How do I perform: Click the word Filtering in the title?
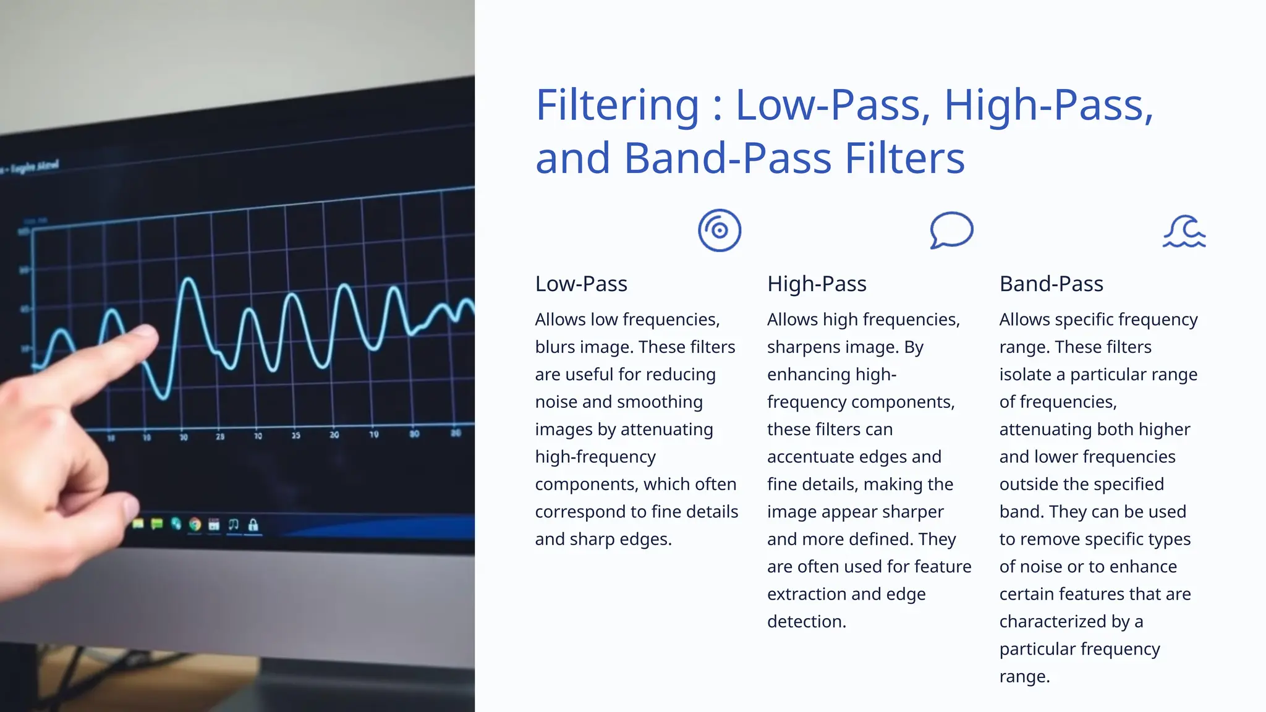click(x=617, y=105)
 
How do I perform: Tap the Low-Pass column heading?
click(x=581, y=284)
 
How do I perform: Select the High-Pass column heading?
click(x=817, y=284)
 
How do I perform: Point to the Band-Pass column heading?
click(x=1051, y=284)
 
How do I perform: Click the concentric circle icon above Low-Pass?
click(x=720, y=231)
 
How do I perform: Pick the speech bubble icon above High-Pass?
click(x=951, y=231)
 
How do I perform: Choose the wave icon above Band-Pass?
click(x=1184, y=232)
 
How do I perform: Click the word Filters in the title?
click(x=904, y=158)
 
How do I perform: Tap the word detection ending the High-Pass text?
click(x=806, y=621)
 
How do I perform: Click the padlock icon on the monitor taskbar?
click(x=253, y=525)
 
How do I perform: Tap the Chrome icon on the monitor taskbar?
click(x=195, y=525)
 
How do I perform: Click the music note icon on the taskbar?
click(x=233, y=524)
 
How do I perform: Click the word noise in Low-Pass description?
click(x=556, y=402)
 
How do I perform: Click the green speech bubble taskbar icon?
click(x=157, y=524)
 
